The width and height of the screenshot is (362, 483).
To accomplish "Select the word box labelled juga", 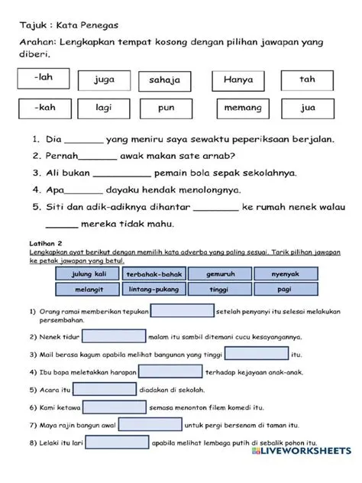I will [105, 79].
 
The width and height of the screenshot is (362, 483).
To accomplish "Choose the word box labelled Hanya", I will [238, 79].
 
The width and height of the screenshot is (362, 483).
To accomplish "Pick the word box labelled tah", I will [307, 79].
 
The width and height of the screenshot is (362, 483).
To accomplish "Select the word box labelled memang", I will [242, 109].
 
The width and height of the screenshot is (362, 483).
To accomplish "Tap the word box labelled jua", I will [307, 109].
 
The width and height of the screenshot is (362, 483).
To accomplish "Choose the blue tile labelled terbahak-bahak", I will [153, 274].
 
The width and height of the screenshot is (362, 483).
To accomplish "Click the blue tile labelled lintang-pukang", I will [153, 290].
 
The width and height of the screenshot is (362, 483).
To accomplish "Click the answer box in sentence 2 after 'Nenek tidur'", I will [114, 336].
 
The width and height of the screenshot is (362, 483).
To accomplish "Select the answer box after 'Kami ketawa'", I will [115, 407].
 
